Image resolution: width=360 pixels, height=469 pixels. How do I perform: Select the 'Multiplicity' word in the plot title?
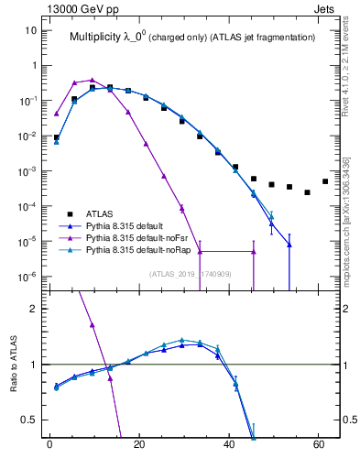point(97,38)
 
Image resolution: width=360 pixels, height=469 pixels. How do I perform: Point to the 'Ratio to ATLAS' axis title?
point(14,365)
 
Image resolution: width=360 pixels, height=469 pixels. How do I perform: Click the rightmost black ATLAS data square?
point(325,181)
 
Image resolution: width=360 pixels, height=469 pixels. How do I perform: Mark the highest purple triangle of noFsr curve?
point(93,80)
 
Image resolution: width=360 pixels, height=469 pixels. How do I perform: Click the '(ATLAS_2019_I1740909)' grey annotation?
point(191,273)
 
